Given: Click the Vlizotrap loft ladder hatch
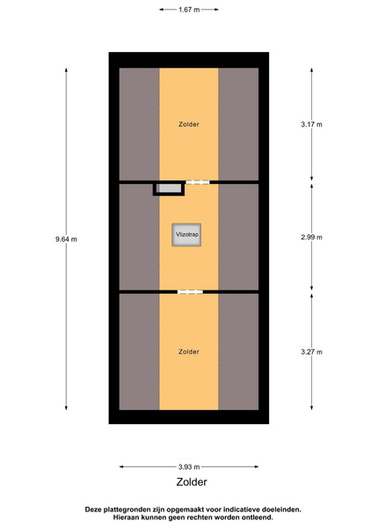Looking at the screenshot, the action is [186, 235].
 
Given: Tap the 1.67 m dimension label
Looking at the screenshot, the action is [189, 10].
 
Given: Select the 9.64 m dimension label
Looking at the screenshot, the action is [66, 239].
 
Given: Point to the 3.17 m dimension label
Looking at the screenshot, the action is [311, 124].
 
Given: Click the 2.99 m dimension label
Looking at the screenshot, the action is [311, 237].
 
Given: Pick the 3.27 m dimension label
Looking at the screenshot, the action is [311, 352].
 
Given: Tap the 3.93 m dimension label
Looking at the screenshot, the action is [189, 466].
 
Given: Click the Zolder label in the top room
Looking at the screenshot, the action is [189, 124].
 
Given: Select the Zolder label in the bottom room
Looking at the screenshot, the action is [189, 351].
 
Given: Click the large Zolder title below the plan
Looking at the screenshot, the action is [192, 482].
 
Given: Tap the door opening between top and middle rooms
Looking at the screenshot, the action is [198, 182].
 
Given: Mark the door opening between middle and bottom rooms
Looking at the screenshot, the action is [191, 291].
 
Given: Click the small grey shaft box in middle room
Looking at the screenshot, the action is [169, 188].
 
